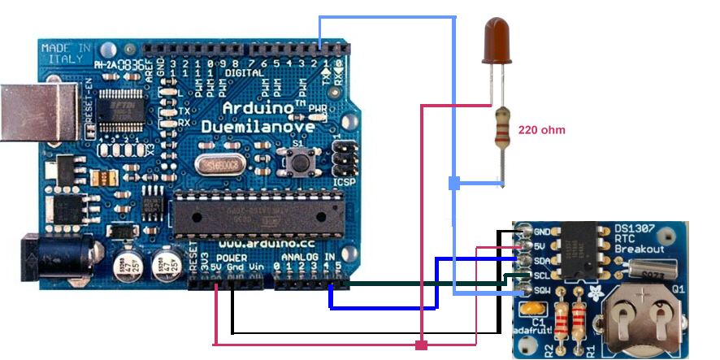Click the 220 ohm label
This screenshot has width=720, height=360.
(541, 130)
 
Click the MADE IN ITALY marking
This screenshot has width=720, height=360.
(65, 54)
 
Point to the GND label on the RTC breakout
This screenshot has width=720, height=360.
(543, 232)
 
